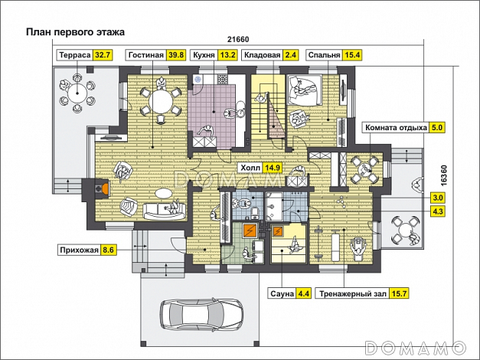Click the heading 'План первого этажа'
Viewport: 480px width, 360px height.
75,32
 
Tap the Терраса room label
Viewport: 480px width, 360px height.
75,55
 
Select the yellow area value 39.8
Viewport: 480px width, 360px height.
176,55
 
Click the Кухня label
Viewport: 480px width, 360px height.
204,55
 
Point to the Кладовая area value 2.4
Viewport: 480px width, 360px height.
290,55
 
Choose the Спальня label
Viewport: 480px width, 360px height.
324,55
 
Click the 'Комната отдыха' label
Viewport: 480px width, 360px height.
396,127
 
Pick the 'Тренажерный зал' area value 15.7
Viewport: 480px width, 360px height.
399,294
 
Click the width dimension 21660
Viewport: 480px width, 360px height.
238,40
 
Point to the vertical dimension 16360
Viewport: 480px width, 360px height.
444,175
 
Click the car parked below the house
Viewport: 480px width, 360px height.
201,313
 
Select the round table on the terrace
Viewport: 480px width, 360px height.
77,92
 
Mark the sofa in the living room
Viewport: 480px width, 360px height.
165,211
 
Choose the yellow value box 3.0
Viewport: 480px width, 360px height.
438,198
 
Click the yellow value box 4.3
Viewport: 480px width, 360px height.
438,211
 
